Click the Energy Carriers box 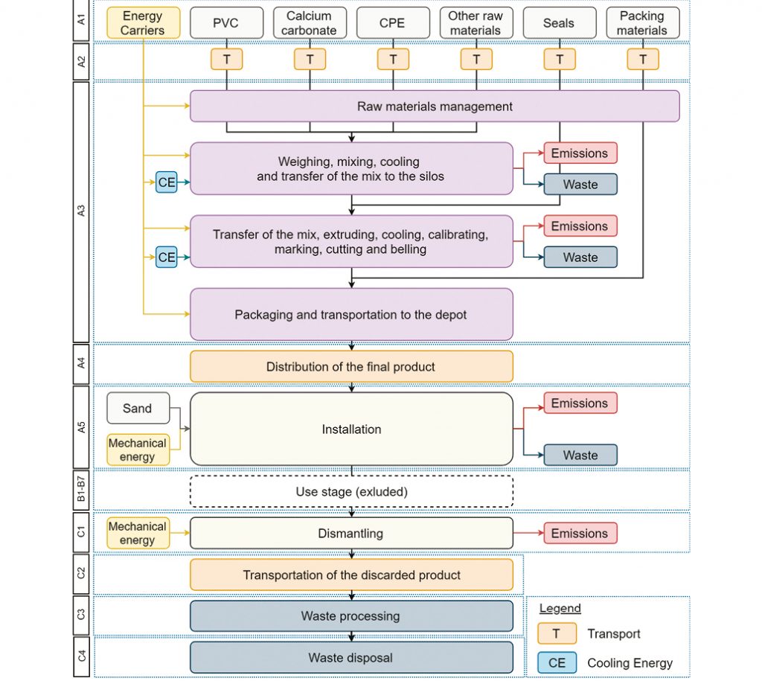(x=144, y=23)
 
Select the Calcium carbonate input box (x=310, y=23)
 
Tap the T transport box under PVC (x=226, y=60)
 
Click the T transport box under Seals (x=560, y=60)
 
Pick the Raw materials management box (x=435, y=106)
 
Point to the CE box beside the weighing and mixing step (x=166, y=182)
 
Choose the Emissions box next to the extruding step (x=580, y=226)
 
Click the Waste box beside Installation (x=580, y=455)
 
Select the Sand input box (x=138, y=409)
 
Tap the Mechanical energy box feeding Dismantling (x=138, y=533)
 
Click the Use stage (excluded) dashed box (x=351, y=491)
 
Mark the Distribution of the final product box (x=351, y=366)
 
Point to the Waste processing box (x=351, y=616)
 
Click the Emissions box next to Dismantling (x=580, y=533)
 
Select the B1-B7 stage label (x=81, y=489)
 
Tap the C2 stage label (x=81, y=574)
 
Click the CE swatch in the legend (x=557, y=663)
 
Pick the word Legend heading (x=560, y=609)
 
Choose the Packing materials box (x=642, y=23)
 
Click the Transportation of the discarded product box (x=351, y=575)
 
